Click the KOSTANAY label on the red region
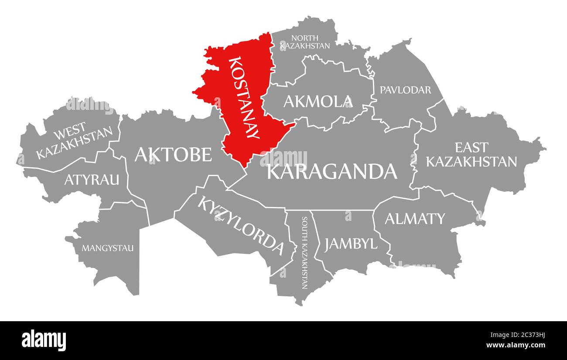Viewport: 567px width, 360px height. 244,98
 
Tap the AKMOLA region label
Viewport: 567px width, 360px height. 318,102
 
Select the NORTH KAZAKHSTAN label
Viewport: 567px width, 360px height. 305,41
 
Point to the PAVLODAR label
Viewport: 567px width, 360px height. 405,90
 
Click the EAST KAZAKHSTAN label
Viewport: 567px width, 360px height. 471,154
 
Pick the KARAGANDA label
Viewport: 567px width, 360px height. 332,171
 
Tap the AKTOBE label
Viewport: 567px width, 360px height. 173,154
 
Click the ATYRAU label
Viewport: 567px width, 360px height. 92,179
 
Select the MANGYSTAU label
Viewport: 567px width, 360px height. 108,248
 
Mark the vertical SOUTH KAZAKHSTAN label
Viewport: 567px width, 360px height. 304,253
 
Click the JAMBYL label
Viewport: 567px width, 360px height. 351,243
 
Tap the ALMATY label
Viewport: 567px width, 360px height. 414,218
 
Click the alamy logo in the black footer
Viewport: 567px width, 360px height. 44,340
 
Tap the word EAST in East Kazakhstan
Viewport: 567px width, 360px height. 471,147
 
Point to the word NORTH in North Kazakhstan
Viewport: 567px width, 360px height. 305,38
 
